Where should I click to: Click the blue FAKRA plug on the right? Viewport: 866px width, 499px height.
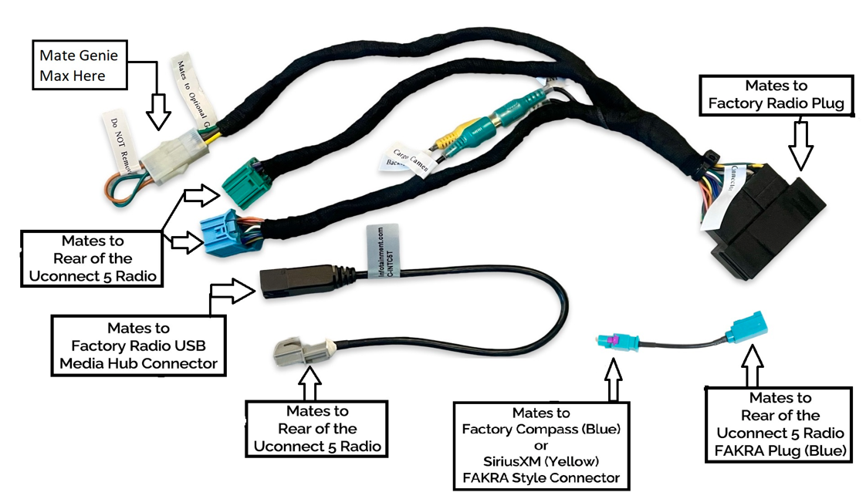[750, 327]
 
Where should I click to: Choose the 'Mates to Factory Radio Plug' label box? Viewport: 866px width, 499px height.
[776, 95]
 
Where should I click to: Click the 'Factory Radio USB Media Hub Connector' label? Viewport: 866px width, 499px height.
[139, 346]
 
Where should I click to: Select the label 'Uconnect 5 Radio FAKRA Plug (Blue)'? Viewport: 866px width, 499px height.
[780, 423]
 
